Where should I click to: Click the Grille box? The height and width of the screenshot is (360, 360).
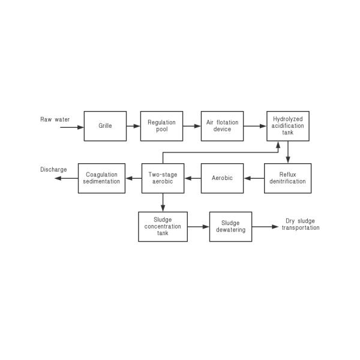[x=105, y=126]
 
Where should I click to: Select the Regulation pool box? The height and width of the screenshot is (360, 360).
[x=161, y=126]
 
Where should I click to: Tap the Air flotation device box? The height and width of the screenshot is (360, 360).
[x=222, y=126]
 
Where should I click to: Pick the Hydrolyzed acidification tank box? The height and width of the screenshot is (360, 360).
[x=288, y=126]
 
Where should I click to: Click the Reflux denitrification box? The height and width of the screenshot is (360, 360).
[x=287, y=178]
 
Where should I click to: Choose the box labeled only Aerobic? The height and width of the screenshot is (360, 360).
[x=222, y=178]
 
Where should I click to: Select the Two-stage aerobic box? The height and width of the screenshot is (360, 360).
[x=163, y=178]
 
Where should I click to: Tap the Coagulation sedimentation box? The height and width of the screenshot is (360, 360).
[x=102, y=178]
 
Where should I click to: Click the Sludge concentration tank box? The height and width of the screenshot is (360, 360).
[x=163, y=227]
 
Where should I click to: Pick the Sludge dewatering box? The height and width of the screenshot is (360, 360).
[x=231, y=227]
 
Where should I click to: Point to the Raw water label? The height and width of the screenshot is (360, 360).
[x=55, y=119]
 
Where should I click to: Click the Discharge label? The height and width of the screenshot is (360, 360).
[x=53, y=169]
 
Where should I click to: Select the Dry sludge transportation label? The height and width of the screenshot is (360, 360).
[x=301, y=224]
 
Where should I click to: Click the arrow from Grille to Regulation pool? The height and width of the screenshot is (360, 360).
[x=133, y=126]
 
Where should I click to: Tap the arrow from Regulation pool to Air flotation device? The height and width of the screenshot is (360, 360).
[x=192, y=126]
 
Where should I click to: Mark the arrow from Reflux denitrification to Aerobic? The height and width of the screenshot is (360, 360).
[x=254, y=178]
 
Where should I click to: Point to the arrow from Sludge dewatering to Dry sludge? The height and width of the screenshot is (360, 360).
[x=265, y=227]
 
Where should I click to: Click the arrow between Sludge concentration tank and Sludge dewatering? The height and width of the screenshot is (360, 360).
[x=199, y=227]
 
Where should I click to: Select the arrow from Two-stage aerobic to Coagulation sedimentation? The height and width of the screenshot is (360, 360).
[x=133, y=178]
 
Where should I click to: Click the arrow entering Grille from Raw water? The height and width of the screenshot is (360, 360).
[x=72, y=127]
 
